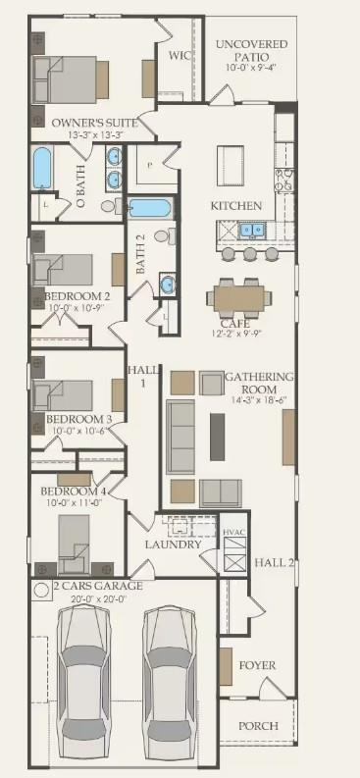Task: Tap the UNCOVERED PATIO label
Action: [x=251, y=51]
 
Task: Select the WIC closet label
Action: [x=179, y=55]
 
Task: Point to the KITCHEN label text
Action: [x=236, y=206]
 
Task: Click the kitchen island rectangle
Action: [x=230, y=160]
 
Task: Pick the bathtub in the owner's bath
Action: [x=42, y=168]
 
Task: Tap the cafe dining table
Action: [x=238, y=295]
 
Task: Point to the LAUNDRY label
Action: [x=173, y=545]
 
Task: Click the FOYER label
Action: [x=257, y=665]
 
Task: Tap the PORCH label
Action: [x=258, y=726]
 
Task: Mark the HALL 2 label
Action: [x=275, y=562]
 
